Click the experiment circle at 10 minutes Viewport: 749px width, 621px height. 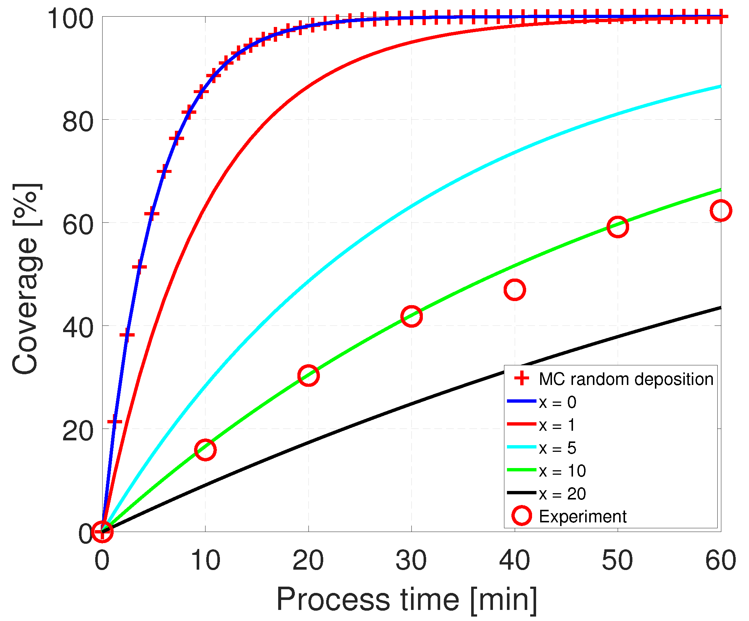205,450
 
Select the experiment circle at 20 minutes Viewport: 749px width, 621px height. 308,376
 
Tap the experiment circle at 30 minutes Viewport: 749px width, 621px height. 411,316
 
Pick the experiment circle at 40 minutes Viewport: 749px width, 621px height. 514,290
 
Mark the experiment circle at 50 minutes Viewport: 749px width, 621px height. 617,226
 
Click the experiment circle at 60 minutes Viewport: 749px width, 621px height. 720,211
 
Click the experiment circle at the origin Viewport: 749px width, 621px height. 102,532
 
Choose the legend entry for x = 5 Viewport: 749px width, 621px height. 557,448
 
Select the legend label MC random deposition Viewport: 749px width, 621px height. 626,379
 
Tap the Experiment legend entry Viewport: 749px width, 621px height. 582,516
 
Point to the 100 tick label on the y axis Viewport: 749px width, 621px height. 70,19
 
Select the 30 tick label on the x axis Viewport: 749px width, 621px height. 411,560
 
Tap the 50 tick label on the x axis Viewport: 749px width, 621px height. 617,560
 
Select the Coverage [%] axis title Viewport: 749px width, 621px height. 26,279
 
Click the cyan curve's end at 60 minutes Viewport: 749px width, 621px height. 719,86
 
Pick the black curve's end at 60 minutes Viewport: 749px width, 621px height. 719,308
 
